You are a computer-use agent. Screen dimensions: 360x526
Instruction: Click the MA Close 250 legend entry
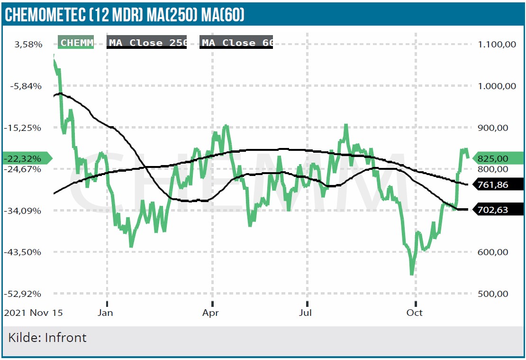[x=147, y=43]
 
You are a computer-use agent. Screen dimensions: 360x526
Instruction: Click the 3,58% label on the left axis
[x=28, y=45]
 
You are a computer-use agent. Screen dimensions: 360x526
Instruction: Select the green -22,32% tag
[x=26, y=158]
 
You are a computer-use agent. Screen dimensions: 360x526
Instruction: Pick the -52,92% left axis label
[x=26, y=294]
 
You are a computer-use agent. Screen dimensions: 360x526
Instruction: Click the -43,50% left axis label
[x=26, y=252]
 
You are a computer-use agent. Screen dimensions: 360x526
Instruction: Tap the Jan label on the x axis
[x=105, y=313]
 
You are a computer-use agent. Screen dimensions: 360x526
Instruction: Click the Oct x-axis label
[x=415, y=313]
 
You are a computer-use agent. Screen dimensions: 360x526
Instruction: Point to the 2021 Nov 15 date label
[x=33, y=313]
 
